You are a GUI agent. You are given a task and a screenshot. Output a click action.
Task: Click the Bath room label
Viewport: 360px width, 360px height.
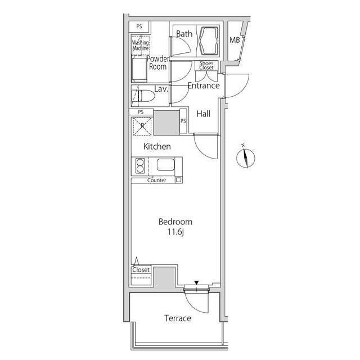coord(184,34)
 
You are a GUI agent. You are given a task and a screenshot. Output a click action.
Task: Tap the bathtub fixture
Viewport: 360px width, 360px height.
coord(209,41)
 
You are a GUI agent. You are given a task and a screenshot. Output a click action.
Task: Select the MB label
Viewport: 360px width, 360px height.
coord(235,40)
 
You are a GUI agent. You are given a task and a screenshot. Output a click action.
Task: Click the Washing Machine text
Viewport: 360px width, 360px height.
coord(140,45)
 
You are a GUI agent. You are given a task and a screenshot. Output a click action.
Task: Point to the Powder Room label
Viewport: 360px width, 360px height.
coord(157,62)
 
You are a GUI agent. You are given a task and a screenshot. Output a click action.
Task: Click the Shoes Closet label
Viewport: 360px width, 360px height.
coord(206,65)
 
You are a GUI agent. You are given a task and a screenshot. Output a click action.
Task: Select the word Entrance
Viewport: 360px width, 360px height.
coord(204,85)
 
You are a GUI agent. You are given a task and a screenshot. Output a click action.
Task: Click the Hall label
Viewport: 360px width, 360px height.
coord(204,114)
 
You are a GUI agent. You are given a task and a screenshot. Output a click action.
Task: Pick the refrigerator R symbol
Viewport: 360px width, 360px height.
coord(142,126)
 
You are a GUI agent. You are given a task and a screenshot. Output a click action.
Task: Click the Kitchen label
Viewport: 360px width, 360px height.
coord(157,146)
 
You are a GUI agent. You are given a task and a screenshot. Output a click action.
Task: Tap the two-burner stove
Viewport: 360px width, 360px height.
coord(139,166)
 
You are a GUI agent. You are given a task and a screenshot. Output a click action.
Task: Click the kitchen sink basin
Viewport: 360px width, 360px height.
coord(166,165)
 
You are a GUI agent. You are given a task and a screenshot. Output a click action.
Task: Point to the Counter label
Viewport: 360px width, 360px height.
coord(156,180)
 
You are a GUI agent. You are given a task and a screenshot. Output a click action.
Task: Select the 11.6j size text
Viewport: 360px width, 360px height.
coord(175,232)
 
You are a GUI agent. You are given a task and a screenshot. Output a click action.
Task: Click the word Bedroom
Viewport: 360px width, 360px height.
coord(175,222)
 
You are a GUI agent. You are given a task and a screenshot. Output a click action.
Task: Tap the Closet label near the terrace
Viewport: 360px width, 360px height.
coord(141,270)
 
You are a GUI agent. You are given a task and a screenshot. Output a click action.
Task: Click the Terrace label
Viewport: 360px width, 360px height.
coord(178,318)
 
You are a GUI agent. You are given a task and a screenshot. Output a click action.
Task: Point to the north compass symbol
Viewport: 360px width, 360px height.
coord(245,157)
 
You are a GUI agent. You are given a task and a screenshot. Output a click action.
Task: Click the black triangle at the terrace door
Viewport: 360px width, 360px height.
coord(196,282)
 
